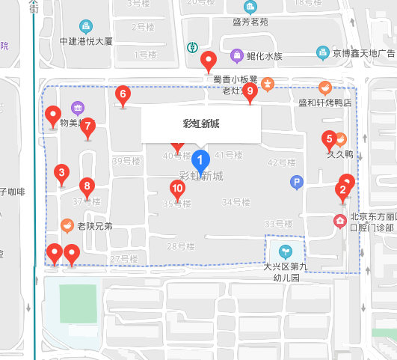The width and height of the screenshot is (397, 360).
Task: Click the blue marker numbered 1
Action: point(200,160)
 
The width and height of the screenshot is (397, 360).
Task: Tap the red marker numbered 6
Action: point(123,95)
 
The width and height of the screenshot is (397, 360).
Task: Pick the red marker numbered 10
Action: point(177,189)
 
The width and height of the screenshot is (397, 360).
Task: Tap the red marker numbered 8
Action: point(87,186)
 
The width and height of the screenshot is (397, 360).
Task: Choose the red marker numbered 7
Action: point(87,126)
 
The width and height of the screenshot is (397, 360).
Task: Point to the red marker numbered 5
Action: point(328,139)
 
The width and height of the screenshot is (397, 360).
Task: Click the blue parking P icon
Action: point(296,182)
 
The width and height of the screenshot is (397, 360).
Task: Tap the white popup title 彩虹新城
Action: point(200,124)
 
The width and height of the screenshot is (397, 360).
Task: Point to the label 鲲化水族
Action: point(264,55)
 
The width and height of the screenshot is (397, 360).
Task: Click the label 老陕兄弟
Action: point(94,226)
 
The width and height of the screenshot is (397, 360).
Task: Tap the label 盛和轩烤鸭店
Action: point(324,103)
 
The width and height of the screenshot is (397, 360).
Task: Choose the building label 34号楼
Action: point(236,202)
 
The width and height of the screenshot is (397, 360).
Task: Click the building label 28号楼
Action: point(180,246)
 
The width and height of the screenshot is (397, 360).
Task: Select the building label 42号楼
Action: point(282,162)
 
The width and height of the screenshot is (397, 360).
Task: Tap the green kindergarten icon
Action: point(284,250)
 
